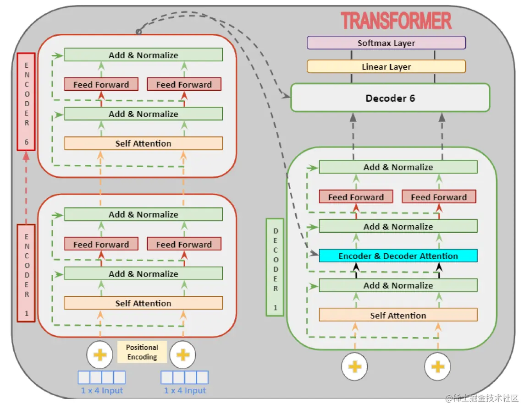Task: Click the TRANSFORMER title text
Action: tap(396, 21)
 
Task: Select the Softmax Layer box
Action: tap(386, 43)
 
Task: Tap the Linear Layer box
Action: tap(386, 67)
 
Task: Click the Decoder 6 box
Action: tap(390, 98)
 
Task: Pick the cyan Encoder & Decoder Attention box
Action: tap(398, 256)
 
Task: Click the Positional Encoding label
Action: tap(142, 352)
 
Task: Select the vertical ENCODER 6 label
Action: tap(27, 101)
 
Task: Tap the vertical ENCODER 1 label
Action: tap(27, 272)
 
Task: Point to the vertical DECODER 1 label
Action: tap(275, 267)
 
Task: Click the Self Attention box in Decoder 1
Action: tap(398, 315)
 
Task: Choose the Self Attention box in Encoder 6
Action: tap(143, 143)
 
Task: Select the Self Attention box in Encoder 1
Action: tap(143, 303)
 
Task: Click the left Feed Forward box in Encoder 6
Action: tap(101, 85)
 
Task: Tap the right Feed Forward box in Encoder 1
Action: tap(184, 244)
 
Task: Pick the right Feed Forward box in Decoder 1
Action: tap(439, 197)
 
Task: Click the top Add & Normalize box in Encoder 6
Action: tap(143, 55)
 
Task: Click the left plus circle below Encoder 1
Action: tap(99, 354)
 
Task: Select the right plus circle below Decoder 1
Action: tap(437, 366)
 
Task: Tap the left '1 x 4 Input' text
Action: tap(102, 391)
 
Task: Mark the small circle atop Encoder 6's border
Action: tap(138, 32)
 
